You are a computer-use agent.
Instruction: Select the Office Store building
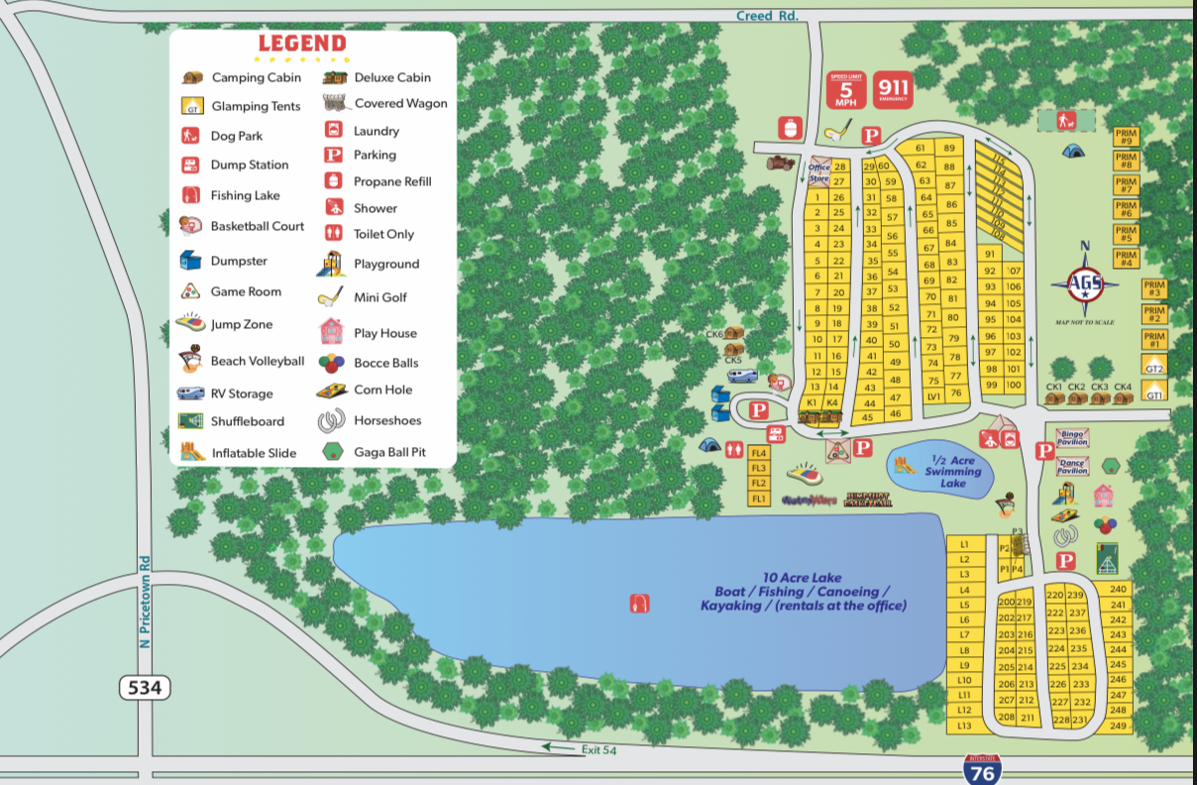tap(819, 170)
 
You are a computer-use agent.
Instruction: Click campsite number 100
tap(1013, 385)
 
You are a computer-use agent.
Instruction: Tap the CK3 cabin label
tap(1100, 388)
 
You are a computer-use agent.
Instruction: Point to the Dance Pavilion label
tap(1072, 466)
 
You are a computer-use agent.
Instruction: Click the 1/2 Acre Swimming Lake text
tap(952, 471)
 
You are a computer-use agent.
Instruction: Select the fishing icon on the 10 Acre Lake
tap(639, 603)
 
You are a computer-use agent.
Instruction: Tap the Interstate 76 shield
tap(981, 769)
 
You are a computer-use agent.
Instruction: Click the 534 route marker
tap(145, 687)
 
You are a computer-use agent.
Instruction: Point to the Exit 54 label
tap(598, 750)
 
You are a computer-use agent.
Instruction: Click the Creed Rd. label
tap(767, 15)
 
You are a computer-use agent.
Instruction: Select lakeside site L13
tap(964, 725)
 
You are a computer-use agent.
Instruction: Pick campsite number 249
tap(1119, 726)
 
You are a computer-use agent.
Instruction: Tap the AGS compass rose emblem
tap(1083, 284)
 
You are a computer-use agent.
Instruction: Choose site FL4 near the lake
tap(759, 453)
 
